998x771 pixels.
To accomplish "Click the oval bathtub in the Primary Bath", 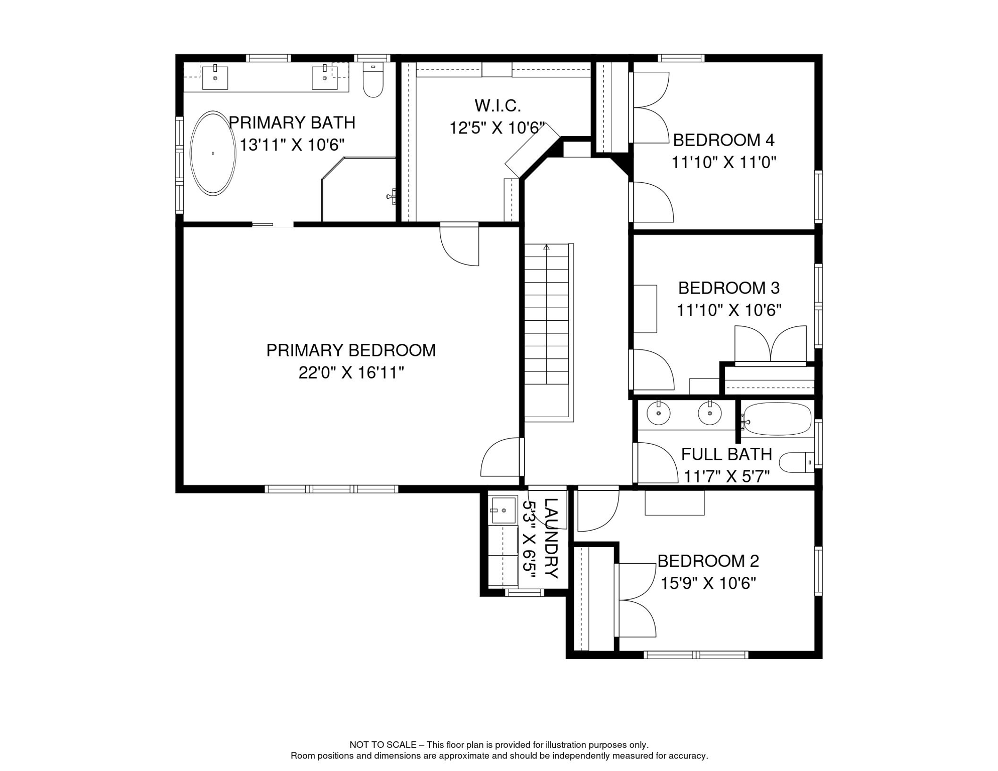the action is pos(213,153).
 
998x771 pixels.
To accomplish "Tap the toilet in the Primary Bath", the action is pos(373,80).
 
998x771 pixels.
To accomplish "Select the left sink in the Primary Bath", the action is pos(215,78).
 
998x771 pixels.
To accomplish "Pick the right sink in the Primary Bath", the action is pos(325,78).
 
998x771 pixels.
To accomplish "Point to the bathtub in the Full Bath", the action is pos(777,419).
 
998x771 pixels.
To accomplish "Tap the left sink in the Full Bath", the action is pos(659,414).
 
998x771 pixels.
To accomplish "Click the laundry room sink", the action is pos(503,510).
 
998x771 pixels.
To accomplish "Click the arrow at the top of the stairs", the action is pos(547,247).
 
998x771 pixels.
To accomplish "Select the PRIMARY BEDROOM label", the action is pos(351,350).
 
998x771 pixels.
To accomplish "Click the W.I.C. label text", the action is pos(497,105).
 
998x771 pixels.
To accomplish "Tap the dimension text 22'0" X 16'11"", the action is pos(351,372).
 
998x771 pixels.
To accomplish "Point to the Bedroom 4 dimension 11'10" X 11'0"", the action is pos(724,162).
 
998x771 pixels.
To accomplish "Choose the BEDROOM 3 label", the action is pos(729,288).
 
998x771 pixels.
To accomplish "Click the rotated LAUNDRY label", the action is pos(551,538).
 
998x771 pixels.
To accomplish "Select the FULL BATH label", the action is pos(726,454).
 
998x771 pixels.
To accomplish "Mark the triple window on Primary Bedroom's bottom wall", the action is pos(331,489).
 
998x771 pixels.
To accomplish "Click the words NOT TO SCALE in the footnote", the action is pos(383,745).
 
